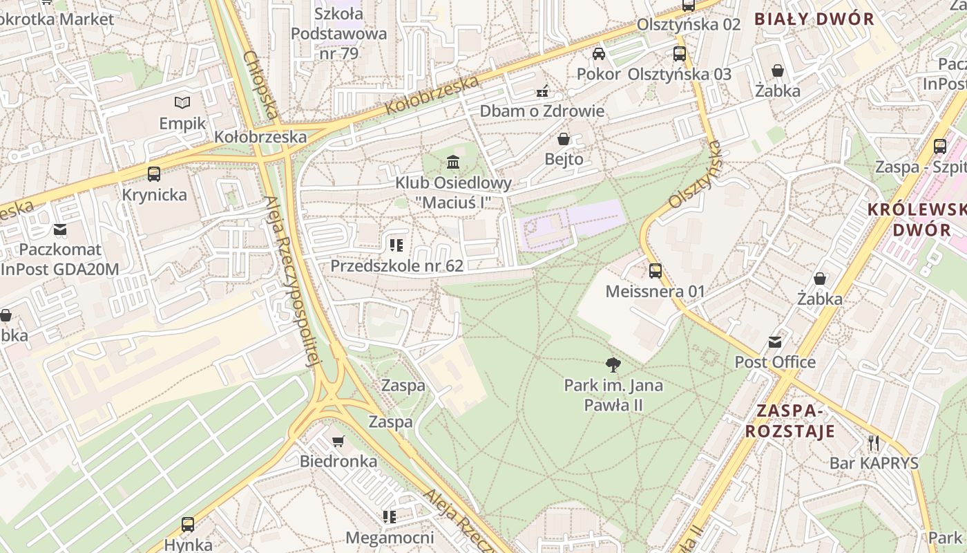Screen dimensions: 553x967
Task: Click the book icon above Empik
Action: click(x=182, y=103)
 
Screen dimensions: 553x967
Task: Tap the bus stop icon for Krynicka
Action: click(x=154, y=174)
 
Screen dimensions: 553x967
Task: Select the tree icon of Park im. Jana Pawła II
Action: click(x=613, y=364)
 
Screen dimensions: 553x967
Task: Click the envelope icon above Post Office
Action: click(x=774, y=341)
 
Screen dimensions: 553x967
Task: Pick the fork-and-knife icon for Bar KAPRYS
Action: click(x=874, y=442)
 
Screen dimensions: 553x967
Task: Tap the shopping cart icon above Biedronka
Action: click(x=338, y=441)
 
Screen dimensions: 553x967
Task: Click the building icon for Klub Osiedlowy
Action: click(x=453, y=162)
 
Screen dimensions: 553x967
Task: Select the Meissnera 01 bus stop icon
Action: click(x=655, y=271)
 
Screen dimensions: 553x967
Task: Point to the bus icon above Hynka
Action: click(x=188, y=524)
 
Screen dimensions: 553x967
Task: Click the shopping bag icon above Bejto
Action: click(x=564, y=139)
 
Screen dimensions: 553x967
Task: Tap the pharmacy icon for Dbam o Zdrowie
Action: click(x=542, y=91)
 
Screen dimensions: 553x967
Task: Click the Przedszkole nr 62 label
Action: click(x=396, y=265)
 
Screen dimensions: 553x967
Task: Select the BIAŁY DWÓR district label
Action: click(x=814, y=19)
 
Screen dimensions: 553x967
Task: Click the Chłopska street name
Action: click(x=262, y=84)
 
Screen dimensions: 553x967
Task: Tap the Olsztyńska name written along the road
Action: click(x=695, y=174)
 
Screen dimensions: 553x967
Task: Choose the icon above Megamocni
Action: click(x=390, y=516)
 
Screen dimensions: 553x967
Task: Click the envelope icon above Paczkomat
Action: click(x=60, y=229)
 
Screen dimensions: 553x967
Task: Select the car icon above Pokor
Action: click(x=599, y=54)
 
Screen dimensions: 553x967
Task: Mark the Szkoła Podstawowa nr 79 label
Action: click(x=338, y=33)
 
